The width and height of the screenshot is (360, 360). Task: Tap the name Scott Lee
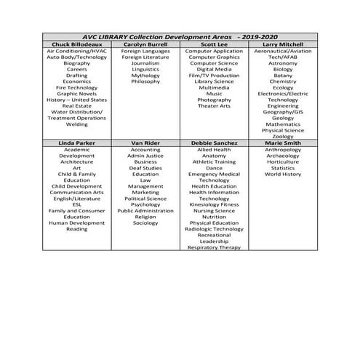(x=214, y=45)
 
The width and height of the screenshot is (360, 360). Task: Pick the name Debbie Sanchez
(x=214, y=144)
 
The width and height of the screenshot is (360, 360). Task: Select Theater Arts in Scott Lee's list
(x=214, y=106)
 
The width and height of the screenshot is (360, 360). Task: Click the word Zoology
(x=283, y=137)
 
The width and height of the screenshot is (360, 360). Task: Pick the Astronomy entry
(x=283, y=63)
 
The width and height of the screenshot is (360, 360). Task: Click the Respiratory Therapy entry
(x=214, y=247)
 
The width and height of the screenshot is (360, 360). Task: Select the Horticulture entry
(x=283, y=162)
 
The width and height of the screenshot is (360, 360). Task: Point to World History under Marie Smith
(x=283, y=175)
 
